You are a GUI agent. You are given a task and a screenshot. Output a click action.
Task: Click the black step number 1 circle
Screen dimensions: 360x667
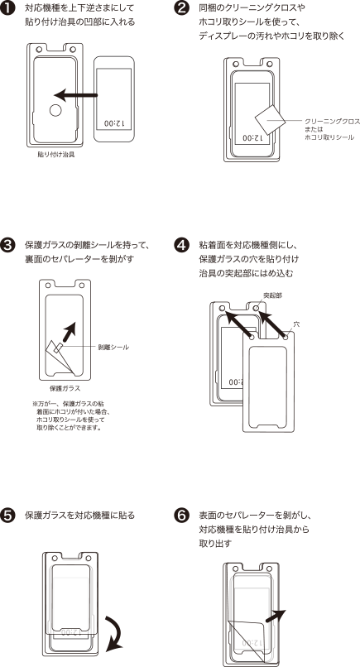coord(8,9)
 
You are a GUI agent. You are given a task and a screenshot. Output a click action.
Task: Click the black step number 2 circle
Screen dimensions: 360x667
coord(182,8)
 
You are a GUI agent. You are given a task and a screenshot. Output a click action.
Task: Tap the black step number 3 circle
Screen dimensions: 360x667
coord(8,247)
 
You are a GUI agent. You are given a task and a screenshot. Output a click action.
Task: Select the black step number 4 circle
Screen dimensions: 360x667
coord(182,246)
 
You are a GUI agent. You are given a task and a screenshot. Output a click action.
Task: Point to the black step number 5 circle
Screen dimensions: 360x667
coord(8,515)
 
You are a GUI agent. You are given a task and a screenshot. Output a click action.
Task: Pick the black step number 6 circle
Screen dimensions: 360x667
coord(182,515)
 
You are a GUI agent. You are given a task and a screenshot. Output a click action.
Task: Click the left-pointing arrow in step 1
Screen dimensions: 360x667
coord(76,95)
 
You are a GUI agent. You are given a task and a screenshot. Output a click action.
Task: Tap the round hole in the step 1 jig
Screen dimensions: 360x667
coord(55,111)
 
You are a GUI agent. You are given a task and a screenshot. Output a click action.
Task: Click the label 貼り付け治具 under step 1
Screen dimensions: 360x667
coord(56,155)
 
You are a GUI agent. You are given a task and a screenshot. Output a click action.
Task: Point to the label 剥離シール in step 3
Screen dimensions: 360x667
coord(113,347)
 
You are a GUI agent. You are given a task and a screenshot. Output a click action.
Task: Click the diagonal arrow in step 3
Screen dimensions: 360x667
coord(69,332)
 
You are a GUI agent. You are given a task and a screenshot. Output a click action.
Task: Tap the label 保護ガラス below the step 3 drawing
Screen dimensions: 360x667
coord(65,388)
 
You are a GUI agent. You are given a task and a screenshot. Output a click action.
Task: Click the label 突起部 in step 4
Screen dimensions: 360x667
coord(272,295)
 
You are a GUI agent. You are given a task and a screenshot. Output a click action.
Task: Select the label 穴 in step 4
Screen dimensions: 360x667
coord(297,324)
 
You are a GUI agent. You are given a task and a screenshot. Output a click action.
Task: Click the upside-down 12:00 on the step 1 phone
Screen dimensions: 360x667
coord(114,124)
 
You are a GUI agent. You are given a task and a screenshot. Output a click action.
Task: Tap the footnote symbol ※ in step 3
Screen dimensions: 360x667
coord(35,403)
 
